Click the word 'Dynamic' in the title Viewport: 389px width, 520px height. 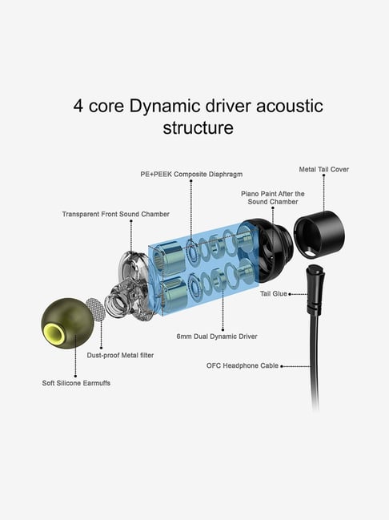click(165, 107)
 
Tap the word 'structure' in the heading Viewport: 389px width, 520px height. click(199, 127)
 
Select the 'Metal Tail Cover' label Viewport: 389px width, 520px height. click(323, 170)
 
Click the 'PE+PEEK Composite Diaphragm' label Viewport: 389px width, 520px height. click(191, 175)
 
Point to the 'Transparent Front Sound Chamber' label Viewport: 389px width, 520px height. click(115, 214)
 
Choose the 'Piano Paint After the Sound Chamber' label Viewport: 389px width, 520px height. click(273, 198)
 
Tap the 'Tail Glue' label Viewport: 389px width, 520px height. click(274, 294)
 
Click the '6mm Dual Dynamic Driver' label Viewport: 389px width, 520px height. click(217, 337)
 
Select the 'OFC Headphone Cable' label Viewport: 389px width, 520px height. click(243, 366)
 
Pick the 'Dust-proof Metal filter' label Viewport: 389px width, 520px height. click(120, 356)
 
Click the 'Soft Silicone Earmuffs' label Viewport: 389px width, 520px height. click(76, 383)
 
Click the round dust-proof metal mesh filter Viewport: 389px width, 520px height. click(95, 309)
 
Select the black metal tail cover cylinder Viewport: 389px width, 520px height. click(319, 235)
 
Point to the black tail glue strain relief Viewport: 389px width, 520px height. click(315, 288)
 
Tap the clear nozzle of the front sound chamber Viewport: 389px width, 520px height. click(116, 301)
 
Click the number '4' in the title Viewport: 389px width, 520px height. click(78, 107)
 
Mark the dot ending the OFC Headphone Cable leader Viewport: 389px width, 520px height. click(282, 366)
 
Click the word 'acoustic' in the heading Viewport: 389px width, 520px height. click(289, 107)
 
